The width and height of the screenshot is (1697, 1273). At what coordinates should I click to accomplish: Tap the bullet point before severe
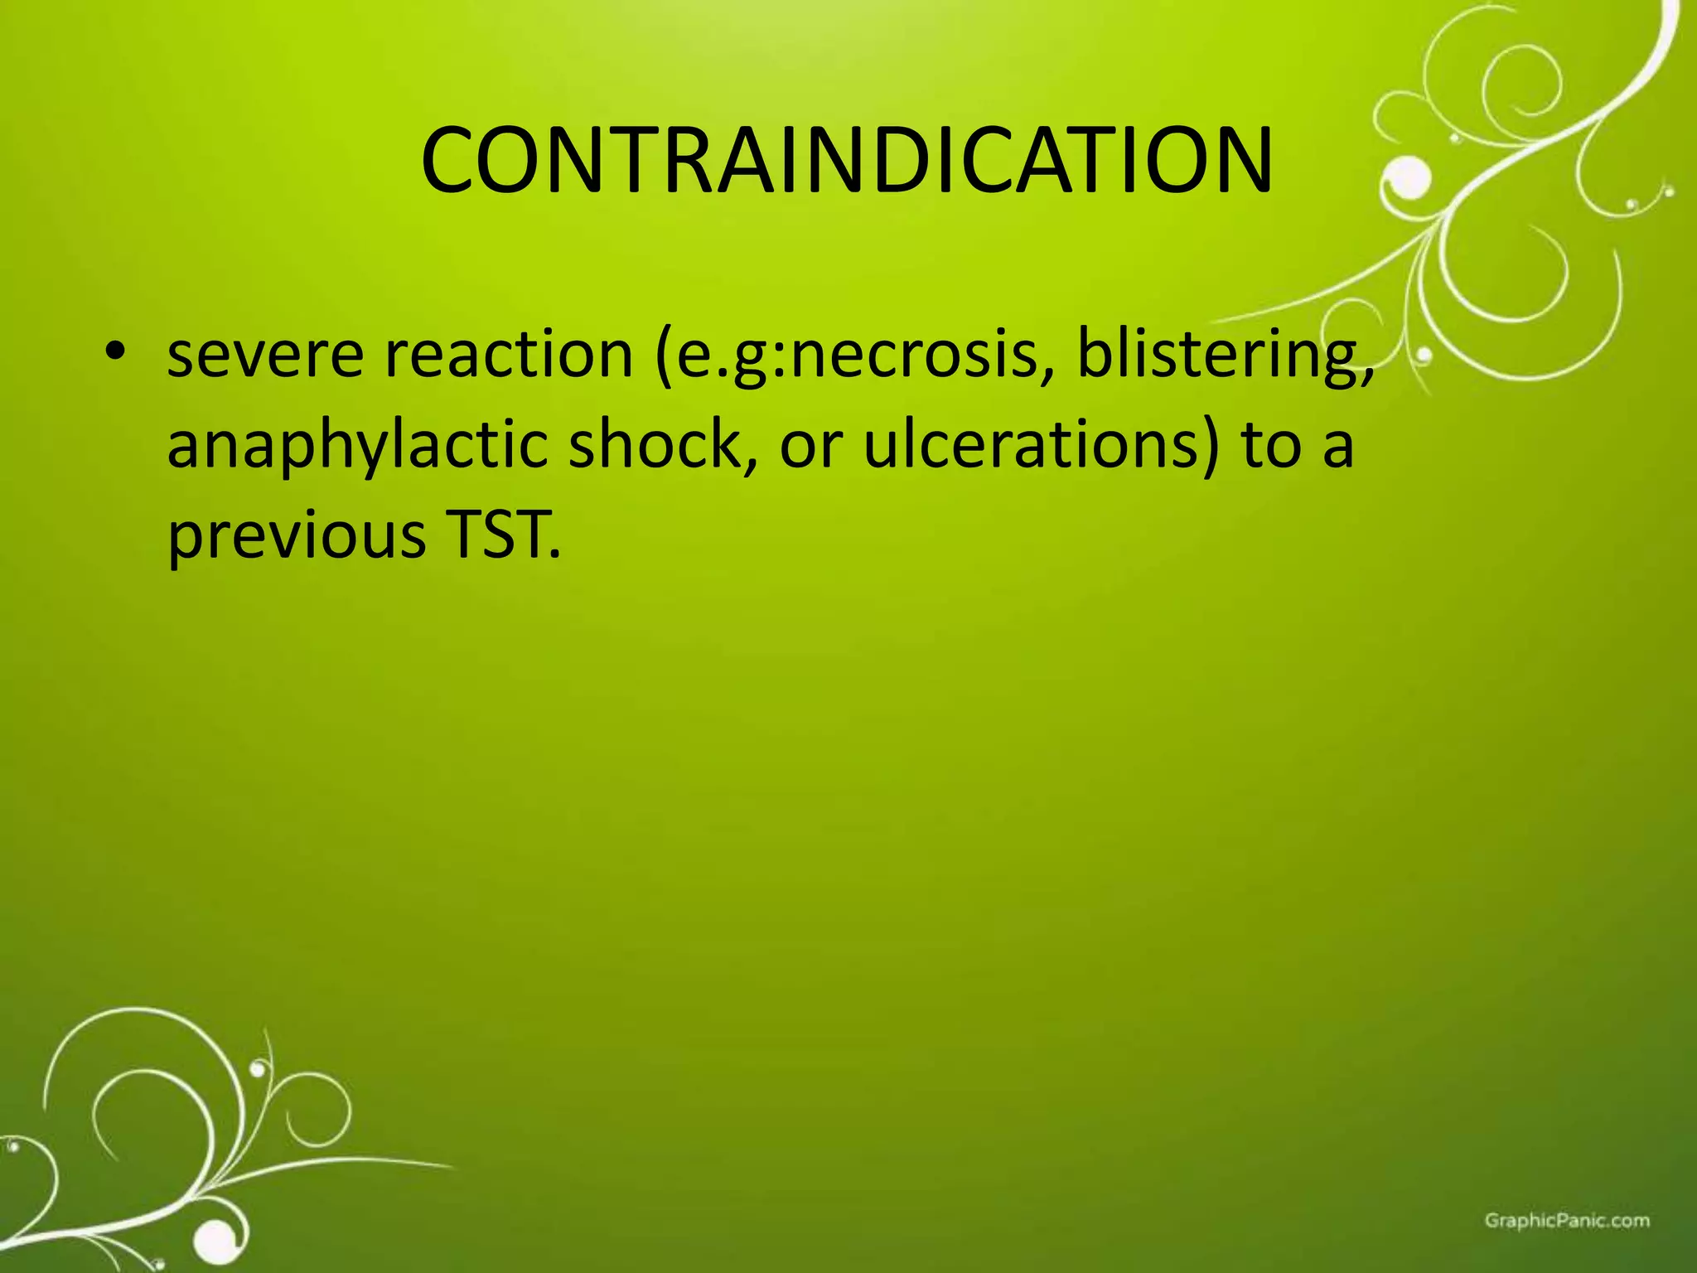[x=115, y=352]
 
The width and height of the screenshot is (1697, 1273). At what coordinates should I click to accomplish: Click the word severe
[x=265, y=356]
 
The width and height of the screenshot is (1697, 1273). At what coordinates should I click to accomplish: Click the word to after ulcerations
[x=1272, y=445]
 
